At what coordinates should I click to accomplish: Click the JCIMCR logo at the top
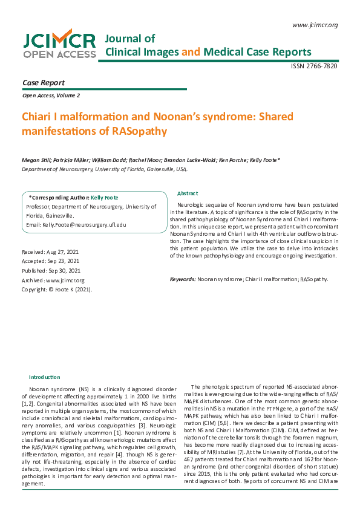[x=59, y=45]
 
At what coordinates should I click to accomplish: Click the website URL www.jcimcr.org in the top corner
[x=315, y=25]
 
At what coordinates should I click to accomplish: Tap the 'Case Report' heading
[x=44, y=83]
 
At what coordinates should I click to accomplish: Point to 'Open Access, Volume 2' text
[x=51, y=96]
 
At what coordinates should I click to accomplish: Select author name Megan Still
[x=37, y=160]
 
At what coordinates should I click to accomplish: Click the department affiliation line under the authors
[x=105, y=169]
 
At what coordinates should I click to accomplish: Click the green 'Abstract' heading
[x=187, y=193]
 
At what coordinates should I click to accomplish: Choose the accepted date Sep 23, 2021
[x=50, y=261]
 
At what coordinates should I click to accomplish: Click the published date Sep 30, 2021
[x=51, y=271]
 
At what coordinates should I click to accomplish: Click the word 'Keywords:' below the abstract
[x=183, y=279]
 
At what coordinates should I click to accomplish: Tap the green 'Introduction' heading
[x=45, y=377]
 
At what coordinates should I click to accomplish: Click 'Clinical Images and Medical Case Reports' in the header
[x=209, y=51]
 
